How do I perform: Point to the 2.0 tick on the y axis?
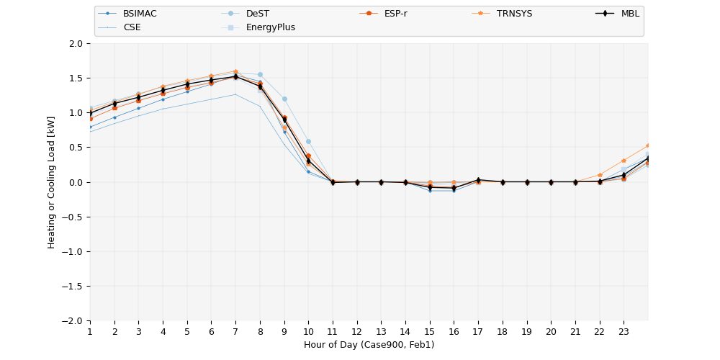[x=75, y=43]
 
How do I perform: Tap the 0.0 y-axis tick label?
[x=75, y=182]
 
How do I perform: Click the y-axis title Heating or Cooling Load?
[x=52, y=182]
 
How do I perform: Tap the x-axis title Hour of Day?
[x=369, y=345]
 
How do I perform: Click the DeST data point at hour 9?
[x=284, y=99]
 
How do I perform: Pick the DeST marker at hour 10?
[x=308, y=141]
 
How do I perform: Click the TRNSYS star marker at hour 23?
[x=624, y=161]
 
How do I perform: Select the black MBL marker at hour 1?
[x=90, y=113]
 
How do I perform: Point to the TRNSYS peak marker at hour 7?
[x=235, y=72]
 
